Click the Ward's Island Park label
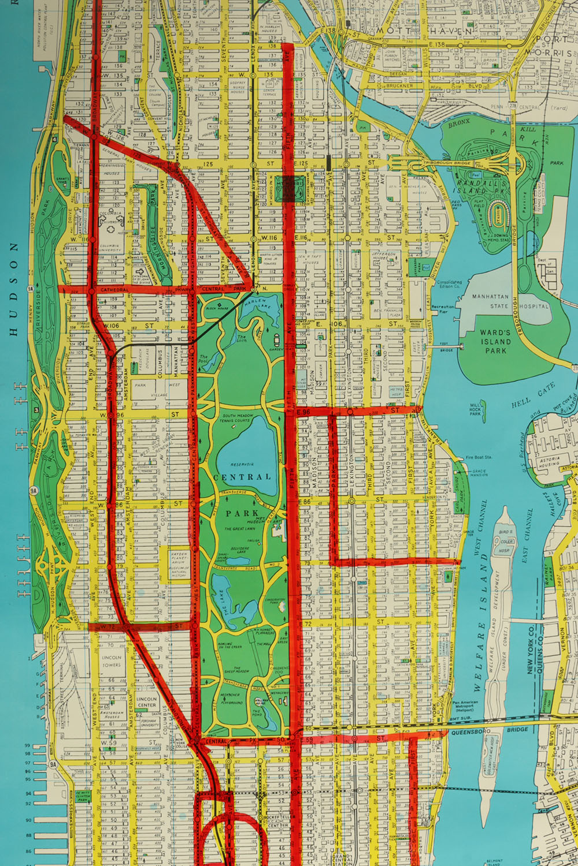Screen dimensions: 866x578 tap(495, 341)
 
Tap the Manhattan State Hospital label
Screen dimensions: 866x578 tap(509, 301)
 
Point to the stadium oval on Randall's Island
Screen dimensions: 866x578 tap(497, 213)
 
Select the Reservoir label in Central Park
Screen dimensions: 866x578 tap(242, 464)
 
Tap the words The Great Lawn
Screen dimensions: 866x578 tap(239, 528)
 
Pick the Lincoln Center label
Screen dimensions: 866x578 tap(146, 701)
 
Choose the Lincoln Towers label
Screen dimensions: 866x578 tap(112, 661)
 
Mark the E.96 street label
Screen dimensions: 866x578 tap(304, 412)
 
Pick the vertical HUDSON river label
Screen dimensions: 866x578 tap(13, 289)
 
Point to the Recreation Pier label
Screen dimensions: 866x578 tap(443, 309)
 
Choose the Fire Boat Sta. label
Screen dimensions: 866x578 tap(479, 457)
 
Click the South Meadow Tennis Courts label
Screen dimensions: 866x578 tap(238, 418)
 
